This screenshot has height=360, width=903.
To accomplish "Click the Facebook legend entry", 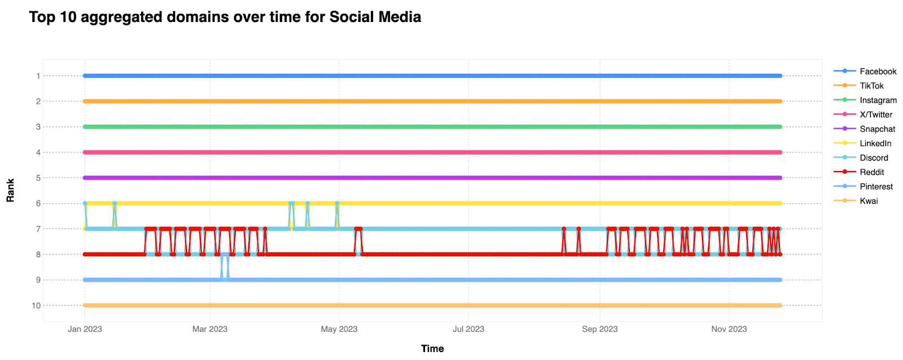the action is [x=865, y=71].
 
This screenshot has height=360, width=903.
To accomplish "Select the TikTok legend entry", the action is [x=858, y=86].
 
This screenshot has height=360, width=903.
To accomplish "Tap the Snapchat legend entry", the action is [x=864, y=129].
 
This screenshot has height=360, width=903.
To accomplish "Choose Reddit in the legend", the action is [x=858, y=172].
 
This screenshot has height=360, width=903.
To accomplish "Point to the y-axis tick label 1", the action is [x=38, y=76].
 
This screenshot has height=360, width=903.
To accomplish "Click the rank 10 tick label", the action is [x=36, y=306].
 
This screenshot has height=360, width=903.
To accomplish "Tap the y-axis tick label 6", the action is [x=38, y=204].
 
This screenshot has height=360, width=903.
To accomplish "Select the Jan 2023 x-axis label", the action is [x=85, y=329].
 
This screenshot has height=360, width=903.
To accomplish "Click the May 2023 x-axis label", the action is [x=339, y=329].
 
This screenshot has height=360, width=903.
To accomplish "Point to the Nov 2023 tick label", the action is [x=729, y=329].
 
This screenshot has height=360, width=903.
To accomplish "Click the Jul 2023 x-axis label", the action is [x=468, y=329].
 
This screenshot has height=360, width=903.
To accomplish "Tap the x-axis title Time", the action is [x=432, y=349].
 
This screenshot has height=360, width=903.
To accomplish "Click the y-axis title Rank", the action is [x=11, y=190].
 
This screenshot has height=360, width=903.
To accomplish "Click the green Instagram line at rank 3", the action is [x=432, y=127].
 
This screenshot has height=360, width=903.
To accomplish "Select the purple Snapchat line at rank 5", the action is [x=432, y=178].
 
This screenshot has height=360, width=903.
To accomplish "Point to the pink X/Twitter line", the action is [x=432, y=152].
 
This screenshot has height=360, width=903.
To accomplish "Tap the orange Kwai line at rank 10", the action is [x=432, y=306].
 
